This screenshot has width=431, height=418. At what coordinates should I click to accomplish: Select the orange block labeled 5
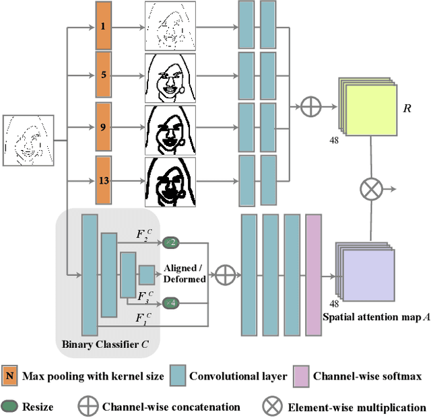point(102,75)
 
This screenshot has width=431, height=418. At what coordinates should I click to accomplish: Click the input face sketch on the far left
point(28,141)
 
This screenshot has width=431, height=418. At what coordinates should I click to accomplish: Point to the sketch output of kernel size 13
point(170,182)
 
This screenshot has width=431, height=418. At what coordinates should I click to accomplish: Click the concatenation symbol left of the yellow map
point(311,106)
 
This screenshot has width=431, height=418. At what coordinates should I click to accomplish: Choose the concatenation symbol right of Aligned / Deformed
point(226,273)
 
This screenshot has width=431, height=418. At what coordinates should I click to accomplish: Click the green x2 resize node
point(170,242)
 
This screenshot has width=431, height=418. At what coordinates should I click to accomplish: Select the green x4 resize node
point(170,304)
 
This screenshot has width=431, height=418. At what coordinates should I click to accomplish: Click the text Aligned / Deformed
point(185,273)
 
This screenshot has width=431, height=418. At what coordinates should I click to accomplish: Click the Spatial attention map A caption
point(377,316)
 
